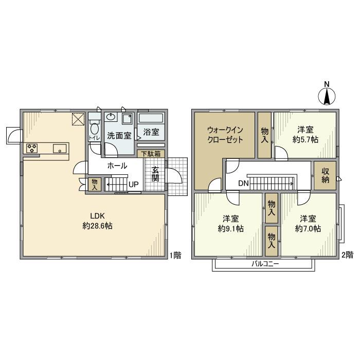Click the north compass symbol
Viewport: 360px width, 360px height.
click(x=327, y=97)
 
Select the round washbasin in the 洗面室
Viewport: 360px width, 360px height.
click(x=112, y=117)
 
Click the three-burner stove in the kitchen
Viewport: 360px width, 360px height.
click(x=32, y=148)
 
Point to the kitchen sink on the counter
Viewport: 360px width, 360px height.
click(x=60, y=148)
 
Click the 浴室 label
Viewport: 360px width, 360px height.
click(x=151, y=132)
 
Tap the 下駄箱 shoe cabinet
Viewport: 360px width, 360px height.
click(x=151, y=154)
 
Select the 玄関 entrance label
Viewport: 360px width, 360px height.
click(x=155, y=174)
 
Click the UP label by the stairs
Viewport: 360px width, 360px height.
click(x=134, y=184)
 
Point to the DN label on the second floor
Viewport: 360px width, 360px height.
click(x=243, y=183)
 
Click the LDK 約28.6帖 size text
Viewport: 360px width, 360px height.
click(x=98, y=221)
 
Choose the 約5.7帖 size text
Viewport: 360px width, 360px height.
click(x=305, y=139)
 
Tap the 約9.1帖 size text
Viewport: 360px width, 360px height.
click(x=231, y=229)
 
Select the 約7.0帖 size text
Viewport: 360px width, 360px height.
click(x=308, y=229)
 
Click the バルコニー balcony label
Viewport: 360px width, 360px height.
click(x=265, y=264)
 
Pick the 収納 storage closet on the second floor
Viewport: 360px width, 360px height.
click(x=325, y=175)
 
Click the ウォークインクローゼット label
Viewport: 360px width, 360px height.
click(x=225, y=135)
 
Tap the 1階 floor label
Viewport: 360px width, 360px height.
click(x=175, y=255)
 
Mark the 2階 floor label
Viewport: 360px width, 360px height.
click(x=347, y=255)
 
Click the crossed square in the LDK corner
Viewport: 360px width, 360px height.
click(x=78, y=119)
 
